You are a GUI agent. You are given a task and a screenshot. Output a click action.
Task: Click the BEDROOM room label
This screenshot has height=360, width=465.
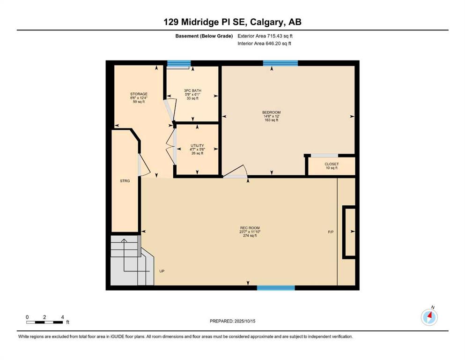(x=271, y=112)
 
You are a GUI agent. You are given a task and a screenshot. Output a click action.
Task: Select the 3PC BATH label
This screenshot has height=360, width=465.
(x=192, y=90)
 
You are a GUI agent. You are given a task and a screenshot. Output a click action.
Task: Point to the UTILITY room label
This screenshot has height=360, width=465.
(x=197, y=145)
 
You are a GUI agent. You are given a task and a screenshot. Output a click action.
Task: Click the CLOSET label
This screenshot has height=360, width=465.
(x=332, y=164)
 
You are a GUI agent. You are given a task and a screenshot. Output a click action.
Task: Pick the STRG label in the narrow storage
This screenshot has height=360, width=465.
(x=125, y=181)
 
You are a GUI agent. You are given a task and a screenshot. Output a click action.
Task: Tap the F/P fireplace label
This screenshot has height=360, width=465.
(x=331, y=232)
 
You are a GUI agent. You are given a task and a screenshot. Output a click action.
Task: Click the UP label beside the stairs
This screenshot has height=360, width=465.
(x=162, y=271)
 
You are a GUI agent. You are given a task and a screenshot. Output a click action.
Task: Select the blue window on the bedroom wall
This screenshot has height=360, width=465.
(x=280, y=63)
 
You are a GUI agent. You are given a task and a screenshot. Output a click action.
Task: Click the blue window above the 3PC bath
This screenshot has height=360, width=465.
(x=179, y=63)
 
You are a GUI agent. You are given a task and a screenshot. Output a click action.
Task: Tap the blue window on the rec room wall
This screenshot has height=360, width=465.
(x=276, y=288)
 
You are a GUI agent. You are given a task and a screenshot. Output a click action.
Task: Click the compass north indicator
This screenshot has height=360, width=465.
(x=429, y=317)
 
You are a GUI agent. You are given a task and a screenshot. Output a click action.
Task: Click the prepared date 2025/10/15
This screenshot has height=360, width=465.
(x=245, y=321)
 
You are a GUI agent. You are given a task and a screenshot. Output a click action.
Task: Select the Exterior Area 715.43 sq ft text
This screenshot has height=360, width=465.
(x=265, y=36)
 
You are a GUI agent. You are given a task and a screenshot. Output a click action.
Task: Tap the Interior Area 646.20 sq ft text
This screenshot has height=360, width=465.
(x=264, y=43)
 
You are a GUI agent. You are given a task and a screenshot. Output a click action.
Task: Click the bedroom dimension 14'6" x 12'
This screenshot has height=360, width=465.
(x=271, y=116)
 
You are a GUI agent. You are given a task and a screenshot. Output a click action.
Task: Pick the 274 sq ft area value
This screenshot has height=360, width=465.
(x=248, y=236)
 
